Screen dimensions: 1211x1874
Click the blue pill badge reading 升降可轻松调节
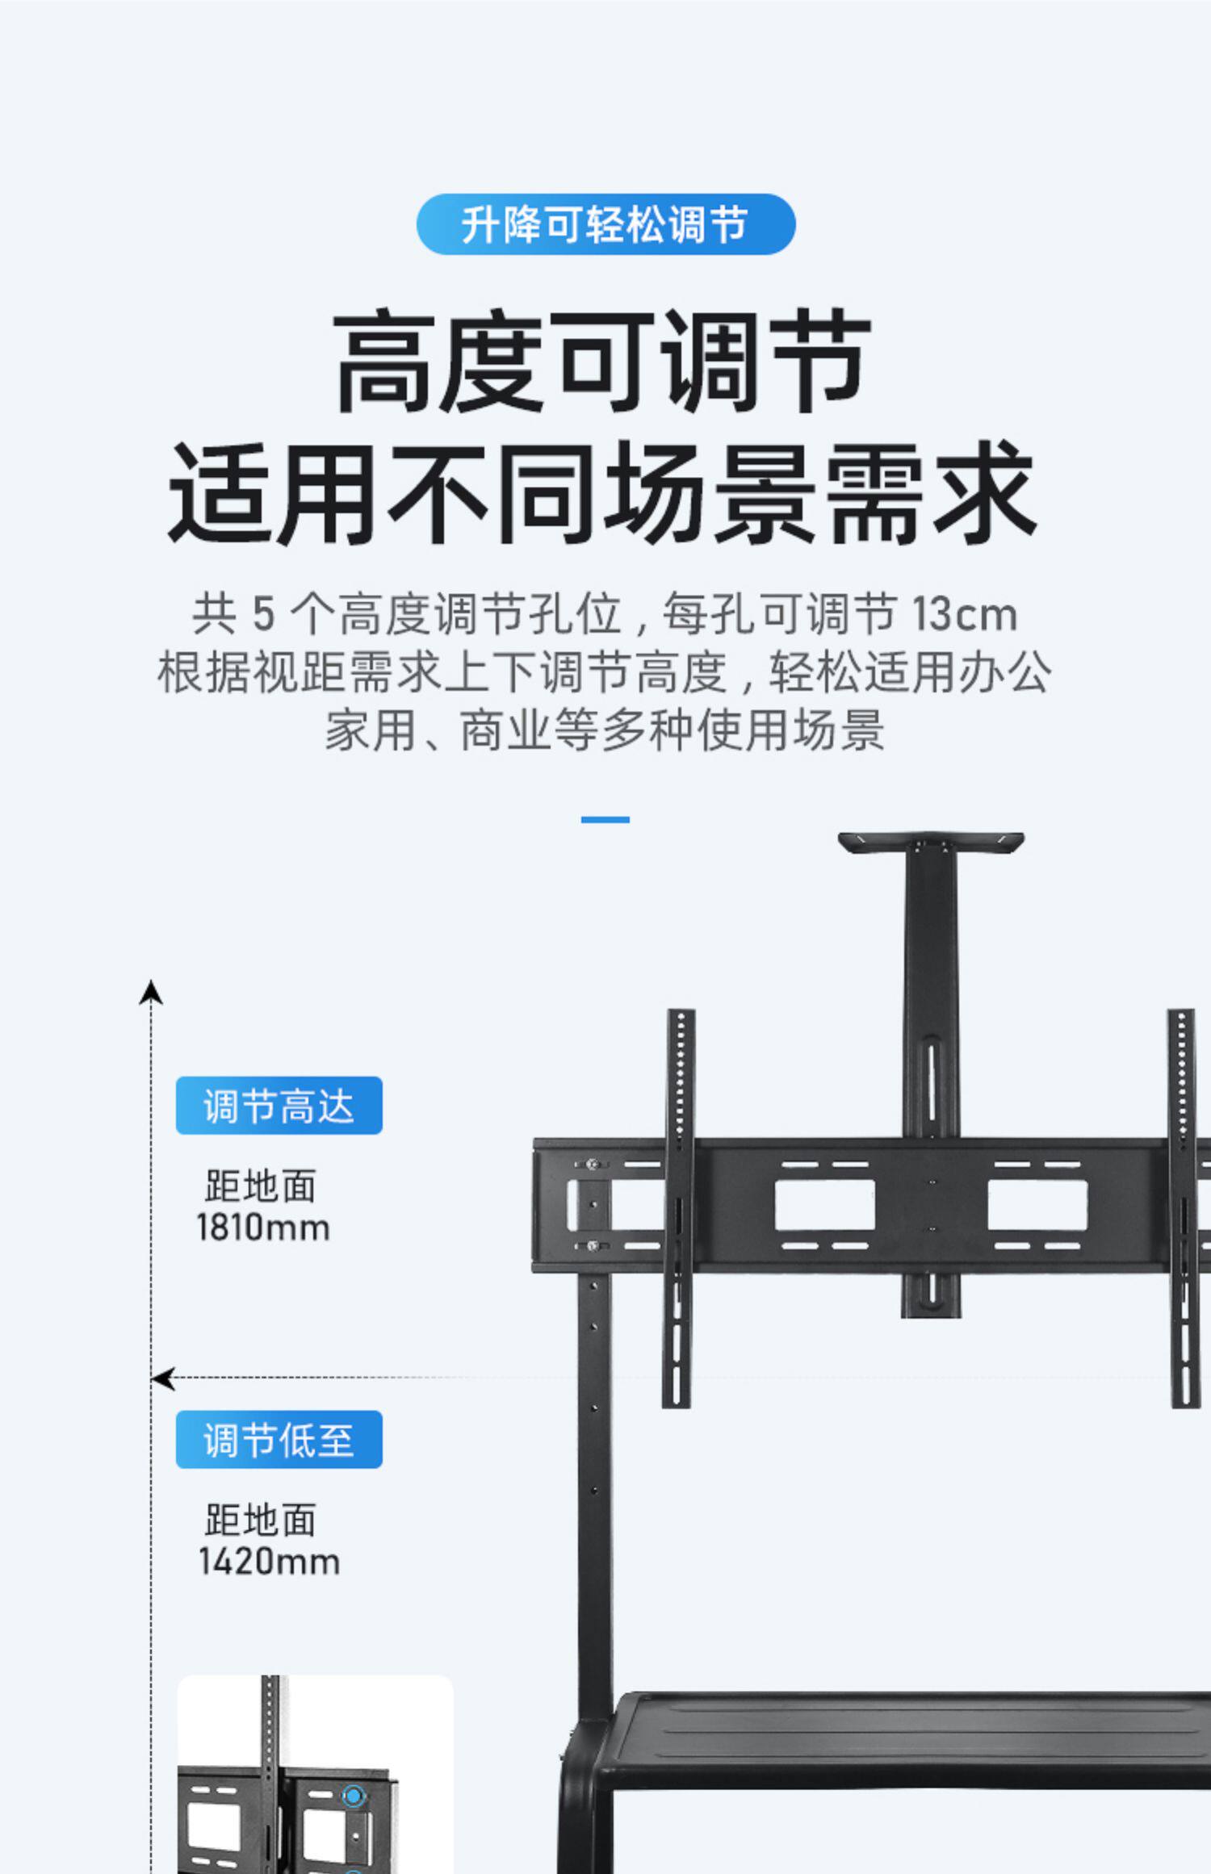point(605,224)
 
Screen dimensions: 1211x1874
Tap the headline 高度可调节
point(602,361)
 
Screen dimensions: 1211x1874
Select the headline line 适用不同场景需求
point(602,493)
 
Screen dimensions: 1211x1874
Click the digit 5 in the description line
point(263,614)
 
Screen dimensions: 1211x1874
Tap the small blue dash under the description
point(605,819)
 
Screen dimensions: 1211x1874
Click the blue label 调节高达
point(279,1105)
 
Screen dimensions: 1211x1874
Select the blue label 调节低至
point(279,1439)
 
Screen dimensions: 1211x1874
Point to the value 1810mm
point(263,1228)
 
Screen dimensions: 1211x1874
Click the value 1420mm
point(269,1561)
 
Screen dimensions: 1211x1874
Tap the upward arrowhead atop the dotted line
point(151,993)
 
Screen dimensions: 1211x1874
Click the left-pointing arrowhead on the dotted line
point(163,1378)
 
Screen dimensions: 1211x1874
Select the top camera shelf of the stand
point(931,843)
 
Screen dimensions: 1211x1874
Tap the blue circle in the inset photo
point(353,1796)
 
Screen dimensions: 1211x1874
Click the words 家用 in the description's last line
point(370,731)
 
